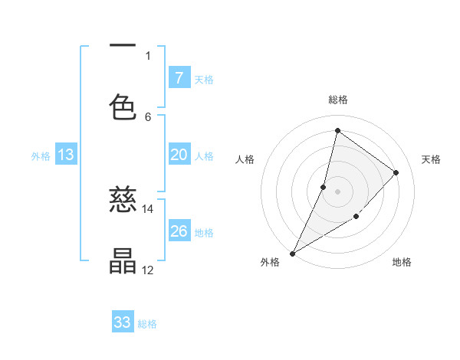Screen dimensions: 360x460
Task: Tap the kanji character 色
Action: pyautogui.click(x=123, y=106)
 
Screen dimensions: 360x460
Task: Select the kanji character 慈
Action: pyautogui.click(x=123, y=201)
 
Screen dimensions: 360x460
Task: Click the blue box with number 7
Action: pyautogui.click(x=179, y=77)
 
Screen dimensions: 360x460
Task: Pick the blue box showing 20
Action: pyautogui.click(x=179, y=155)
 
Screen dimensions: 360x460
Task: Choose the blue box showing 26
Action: pyautogui.click(x=179, y=231)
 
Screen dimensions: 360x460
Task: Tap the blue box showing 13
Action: pyautogui.click(x=66, y=155)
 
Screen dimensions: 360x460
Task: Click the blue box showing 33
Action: pyautogui.click(x=123, y=322)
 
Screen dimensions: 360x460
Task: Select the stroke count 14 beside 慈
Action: pyautogui.click(x=148, y=208)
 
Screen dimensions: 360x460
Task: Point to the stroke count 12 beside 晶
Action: pyautogui.click(x=148, y=269)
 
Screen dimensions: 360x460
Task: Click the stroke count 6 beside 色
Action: pyautogui.click(x=148, y=116)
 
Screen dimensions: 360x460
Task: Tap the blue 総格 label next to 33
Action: pyautogui.click(x=147, y=324)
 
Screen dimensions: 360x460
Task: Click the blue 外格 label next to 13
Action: pyautogui.click(x=41, y=156)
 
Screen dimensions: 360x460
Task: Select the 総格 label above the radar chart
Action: pyautogui.click(x=338, y=100)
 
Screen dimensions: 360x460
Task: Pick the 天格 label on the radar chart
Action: pyautogui.click(x=432, y=159)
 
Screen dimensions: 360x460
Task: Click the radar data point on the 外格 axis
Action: pyautogui.click(x=292, y=254)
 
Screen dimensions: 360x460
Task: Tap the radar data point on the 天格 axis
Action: pyautogui.click(x=396, y=172)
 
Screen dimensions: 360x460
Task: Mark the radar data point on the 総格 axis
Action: pyautogui.click(x=337, y=130)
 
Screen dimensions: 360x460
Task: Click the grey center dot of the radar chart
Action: pyautogui.click(x=337, y=191)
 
